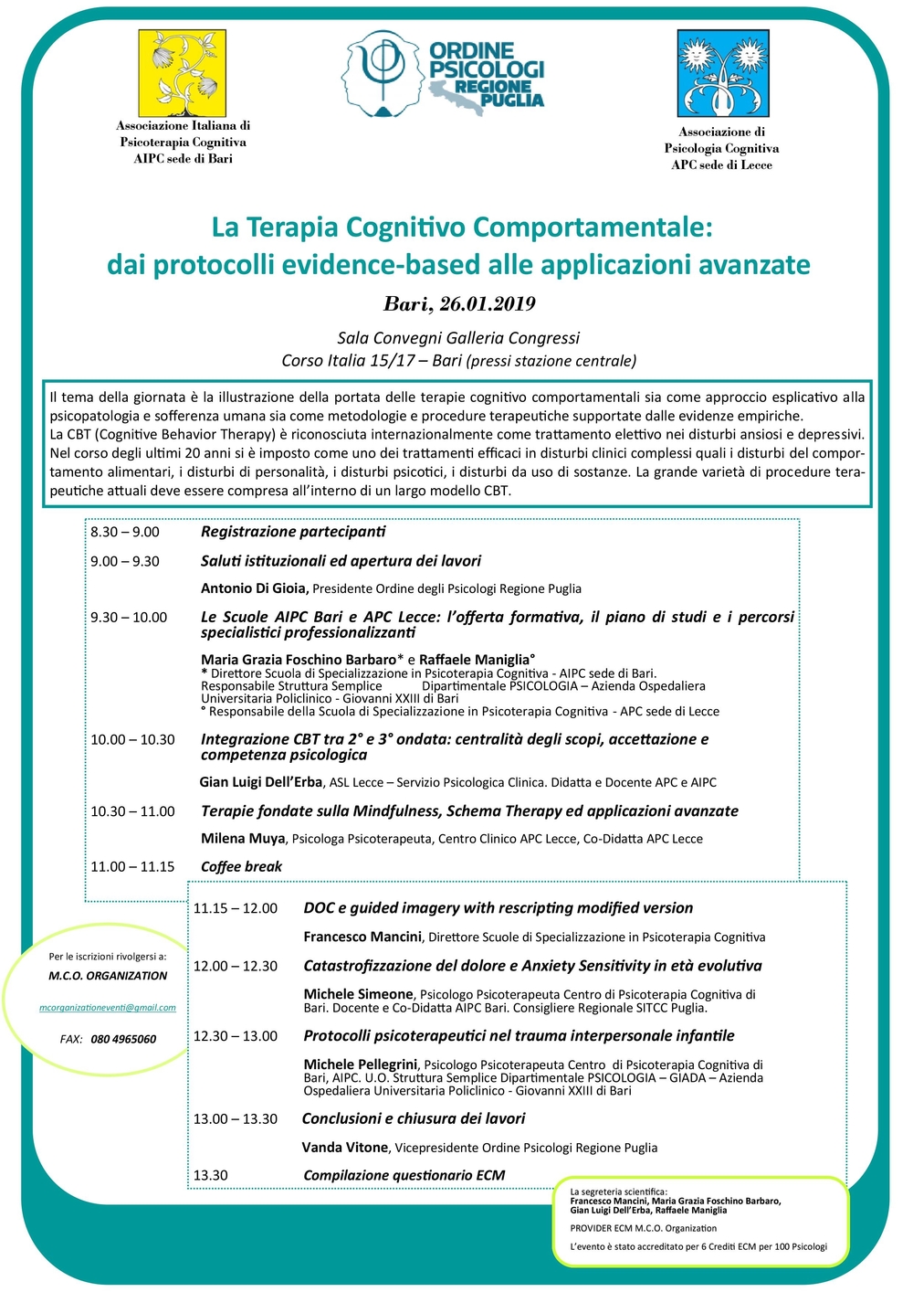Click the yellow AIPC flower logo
click(x=182, y=73)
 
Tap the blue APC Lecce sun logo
click(x=722, y=73)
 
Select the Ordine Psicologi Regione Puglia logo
click(x=445, y=73)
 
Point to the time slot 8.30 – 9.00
click(x=125, y=532)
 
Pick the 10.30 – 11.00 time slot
click(x=132, y=811)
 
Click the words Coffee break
click(x=241, y=866)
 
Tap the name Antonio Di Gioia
click(x=253, y=588)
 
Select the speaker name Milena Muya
click(x=243, y=838)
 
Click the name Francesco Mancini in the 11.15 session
click(x=362, y=937)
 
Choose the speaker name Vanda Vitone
click(x=345, y=1148)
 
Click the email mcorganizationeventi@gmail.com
click(x=108, y=1008)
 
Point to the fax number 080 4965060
click(x=123, y=1039)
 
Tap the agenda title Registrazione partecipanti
click(x=293, y=532)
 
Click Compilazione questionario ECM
click(x=404, y=1175)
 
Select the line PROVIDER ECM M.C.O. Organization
click(x=644, y=1228)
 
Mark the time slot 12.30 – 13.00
click(x=236, y=1036)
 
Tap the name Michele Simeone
click(x=358, y=994)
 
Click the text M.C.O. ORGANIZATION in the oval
click(x=108, y=976)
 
